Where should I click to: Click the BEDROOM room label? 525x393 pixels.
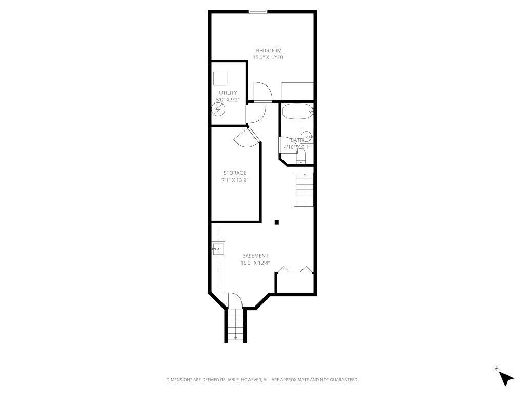[269, 50]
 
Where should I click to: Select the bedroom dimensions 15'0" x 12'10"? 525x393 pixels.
[269, 58]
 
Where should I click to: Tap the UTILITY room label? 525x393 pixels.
[228, 93]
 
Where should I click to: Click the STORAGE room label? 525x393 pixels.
[234, 173]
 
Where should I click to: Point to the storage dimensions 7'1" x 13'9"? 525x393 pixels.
[234, 181]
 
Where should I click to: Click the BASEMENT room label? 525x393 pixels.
[255, 256]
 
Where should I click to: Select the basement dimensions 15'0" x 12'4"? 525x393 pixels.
[255, 263]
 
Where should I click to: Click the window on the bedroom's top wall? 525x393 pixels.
[257, 12]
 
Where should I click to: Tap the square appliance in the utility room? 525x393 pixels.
[220, 78]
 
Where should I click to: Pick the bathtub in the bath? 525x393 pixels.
[296, 112]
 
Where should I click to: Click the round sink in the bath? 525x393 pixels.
[306, 136]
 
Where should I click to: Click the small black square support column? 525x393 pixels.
[277, 222]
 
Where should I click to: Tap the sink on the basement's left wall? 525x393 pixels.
[218, 249]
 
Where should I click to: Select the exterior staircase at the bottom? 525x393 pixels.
[235, 324]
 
